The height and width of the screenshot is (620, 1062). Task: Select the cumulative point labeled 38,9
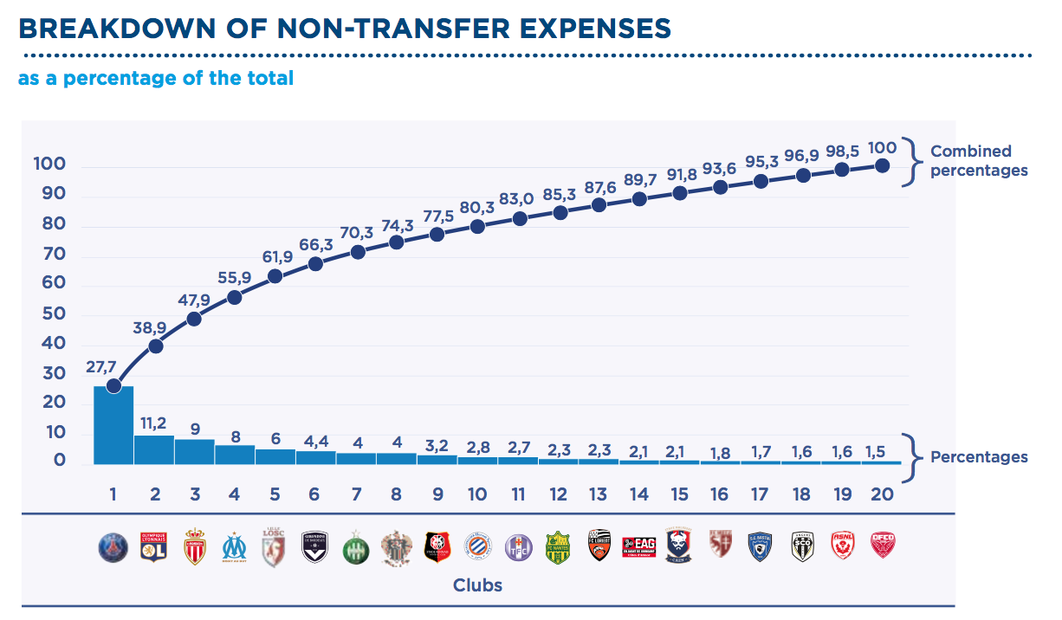click(155, 346)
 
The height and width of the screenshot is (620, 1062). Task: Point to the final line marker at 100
click(883, 165)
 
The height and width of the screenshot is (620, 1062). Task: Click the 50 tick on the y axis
click(55, 313)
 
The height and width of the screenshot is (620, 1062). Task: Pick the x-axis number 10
click(477, 494)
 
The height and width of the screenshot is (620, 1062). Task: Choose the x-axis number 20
click(883, 494)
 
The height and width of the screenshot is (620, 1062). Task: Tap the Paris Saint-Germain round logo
click(113, 546)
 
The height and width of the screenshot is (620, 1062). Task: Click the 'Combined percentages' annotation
click(979, 161)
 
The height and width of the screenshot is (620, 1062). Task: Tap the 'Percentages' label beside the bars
click(979, 457)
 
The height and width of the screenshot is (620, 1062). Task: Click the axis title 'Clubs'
click(477, 586)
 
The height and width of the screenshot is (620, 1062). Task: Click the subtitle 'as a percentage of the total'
click(156, 78)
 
